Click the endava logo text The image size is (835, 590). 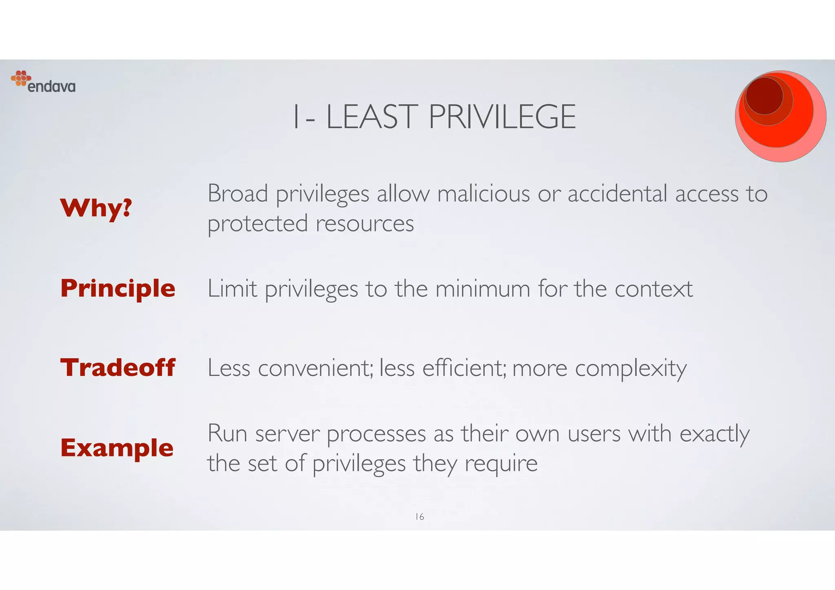(51, 87)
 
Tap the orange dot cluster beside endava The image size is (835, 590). (21, 78)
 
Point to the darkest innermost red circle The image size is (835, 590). (764, 96)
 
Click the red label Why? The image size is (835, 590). (96, 208)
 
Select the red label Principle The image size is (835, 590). (118, 288)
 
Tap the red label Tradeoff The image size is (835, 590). (118, 368)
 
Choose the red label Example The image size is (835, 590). (117, 447)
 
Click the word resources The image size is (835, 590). (364, 224)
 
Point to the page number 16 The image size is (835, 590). (420, 517)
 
